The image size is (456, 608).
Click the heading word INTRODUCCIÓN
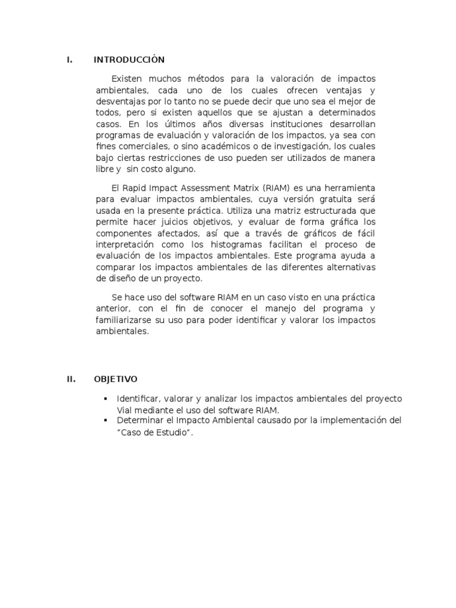tap(129, 60)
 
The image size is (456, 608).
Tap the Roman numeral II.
tap(70, 379)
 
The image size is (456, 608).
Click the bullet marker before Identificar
tap(105, 398)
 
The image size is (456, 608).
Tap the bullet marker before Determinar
tap(105, 420)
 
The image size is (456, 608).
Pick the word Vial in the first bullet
tap(126, 410)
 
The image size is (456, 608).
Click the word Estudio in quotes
tap(173, 432)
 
